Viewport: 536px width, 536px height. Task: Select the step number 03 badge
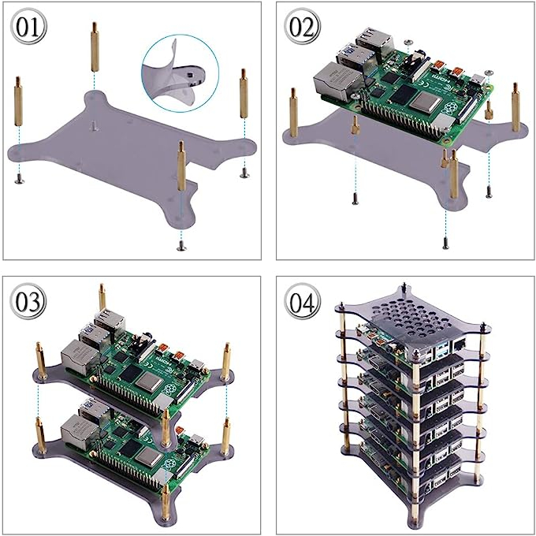pyautogui.click(x=29, y=302)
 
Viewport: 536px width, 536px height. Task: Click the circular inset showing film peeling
pyautogui.click(x=177, y=76)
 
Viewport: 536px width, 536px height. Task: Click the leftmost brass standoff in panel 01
pyautogui.click(x=17, y=102)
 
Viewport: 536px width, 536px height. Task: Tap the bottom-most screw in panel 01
pyautogui.click(x=182, y=248)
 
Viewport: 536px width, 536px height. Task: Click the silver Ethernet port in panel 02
pyautogui.click(x=332, y=82)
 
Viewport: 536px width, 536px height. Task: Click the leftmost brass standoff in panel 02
pyautogui.click(x=294, y=111)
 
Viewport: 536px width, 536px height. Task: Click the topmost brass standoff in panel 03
pyautogui.click(x=102, y=298)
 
